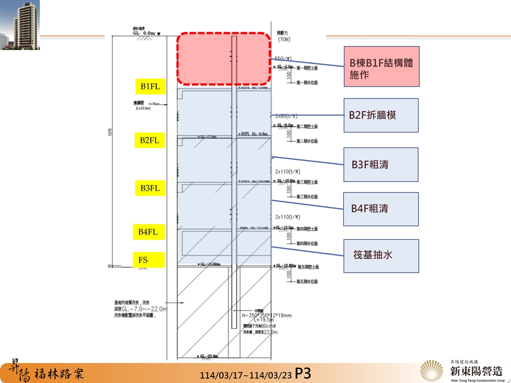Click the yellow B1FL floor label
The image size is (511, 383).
coord(150,86)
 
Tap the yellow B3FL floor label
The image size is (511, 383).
coord(150,188)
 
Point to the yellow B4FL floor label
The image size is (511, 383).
coord(148,232)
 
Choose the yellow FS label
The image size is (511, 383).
coord(148,260)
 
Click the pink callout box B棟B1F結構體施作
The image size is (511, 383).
coord(382,66)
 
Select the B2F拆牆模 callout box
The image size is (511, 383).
coord(381,115)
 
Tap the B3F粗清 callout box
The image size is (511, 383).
coord(381,164)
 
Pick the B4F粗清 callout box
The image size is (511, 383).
coord(381,209)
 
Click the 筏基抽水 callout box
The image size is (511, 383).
coord(381,255)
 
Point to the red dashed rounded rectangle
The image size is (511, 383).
coord(224,58)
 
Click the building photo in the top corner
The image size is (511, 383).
coord(20,25)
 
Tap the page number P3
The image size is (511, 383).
coord(303,373)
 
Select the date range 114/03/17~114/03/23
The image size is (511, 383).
coord(246,375)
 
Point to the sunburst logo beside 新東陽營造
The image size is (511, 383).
coord(433,371)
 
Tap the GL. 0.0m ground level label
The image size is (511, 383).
coord(145,33)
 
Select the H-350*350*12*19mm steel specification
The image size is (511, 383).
coord(267,316)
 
